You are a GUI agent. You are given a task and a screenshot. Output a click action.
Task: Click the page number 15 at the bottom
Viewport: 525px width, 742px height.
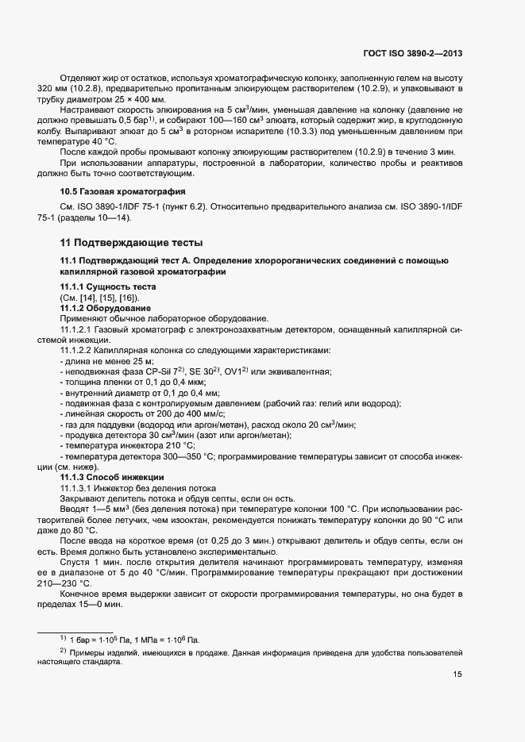pyautogui.click(x=457, y=675)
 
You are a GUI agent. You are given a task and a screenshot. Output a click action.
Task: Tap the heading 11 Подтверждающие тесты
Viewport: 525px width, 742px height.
pyautogui.click(x=132, y=242)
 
